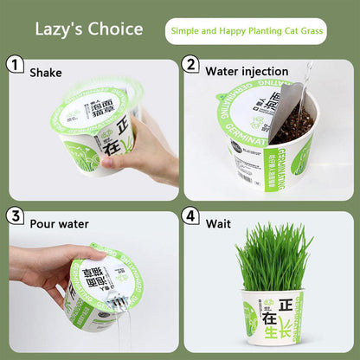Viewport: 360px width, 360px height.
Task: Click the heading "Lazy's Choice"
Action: (x=88, y=29)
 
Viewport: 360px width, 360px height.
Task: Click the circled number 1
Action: (x=15, y=64)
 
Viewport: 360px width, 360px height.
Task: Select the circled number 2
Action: (x=191, y=64)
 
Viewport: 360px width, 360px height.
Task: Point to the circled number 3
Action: (x=15, y=215)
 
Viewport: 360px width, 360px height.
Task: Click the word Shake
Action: (x=45, y=72)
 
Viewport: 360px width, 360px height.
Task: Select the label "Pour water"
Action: (x=59, y=223)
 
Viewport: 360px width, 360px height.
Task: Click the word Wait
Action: (x=218, y=223)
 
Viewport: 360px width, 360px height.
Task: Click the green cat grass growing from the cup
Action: (x=274, y=256)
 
